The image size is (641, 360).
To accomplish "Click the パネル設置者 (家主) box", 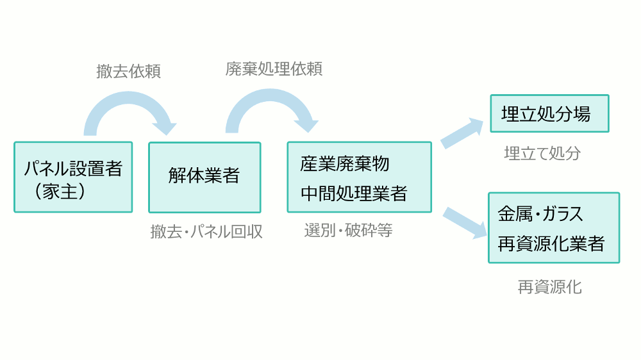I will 73,177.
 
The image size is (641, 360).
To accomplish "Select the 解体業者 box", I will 204,177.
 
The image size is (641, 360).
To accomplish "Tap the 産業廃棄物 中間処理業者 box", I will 359,177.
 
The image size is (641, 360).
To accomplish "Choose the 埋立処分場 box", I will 549,113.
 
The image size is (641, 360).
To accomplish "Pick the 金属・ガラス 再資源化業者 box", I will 554,227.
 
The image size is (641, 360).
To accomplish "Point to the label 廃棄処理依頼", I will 274,69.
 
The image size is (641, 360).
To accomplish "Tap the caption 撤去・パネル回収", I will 206,231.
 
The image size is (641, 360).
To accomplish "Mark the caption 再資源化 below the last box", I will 549,286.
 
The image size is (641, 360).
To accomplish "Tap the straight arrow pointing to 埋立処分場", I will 462,132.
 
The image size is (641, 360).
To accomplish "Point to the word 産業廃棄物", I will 344,163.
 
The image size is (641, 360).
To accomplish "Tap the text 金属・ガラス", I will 541,214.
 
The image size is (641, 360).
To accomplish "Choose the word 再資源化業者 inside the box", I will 551,244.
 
